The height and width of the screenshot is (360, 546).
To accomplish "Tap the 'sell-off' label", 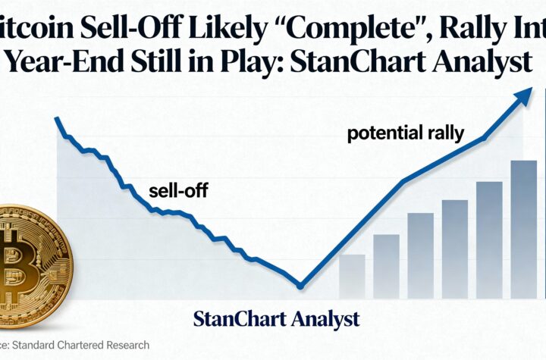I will pos(178,190).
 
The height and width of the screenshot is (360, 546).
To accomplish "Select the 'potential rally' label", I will pos(405,134).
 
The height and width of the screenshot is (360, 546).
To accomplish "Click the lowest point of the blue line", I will pos(300,286).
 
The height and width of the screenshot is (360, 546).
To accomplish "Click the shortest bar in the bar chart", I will pos(351,277).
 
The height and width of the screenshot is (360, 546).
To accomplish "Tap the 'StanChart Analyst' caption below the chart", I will pos(276,318).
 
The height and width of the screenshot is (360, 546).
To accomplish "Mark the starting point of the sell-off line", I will pos(57,118).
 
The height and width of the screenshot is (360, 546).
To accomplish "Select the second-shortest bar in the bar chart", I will pos(386,266).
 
